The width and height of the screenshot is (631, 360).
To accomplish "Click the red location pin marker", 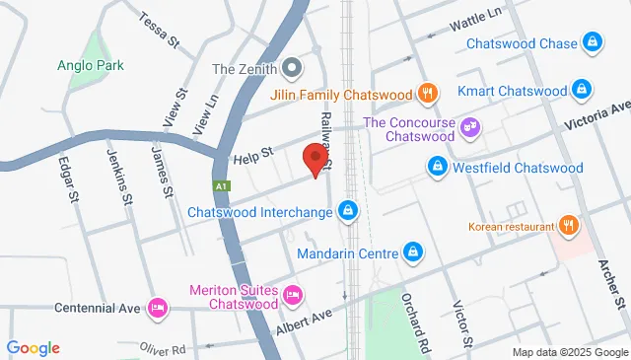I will pyautogui.click(x=315, y=159).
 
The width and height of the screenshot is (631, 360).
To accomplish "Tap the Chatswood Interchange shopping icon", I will pyautogui.click(x=348, y=211).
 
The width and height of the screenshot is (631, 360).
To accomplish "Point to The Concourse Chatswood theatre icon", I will pyautogui.click(x=470, y=125).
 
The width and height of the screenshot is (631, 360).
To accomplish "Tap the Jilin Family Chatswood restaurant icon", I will pyautogui.click(x=427, y=95).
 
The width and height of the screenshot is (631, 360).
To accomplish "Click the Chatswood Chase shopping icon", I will pyautogui.click(x=593, y=42).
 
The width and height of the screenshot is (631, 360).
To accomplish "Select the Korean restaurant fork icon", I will pyautogui.click(x=568, y=226).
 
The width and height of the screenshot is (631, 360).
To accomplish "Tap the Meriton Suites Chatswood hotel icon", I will pyautogui.click(x=293, y=296).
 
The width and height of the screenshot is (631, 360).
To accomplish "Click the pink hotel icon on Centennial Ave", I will pyautogui.click(x=156, y=308).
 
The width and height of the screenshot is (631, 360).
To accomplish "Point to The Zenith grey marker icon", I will pyautogui.click(x=292, y=69).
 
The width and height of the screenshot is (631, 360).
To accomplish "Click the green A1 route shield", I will pyautogui.click(x=222, y=184).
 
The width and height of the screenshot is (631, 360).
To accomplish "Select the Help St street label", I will pyautogui.click(x=251, y=160).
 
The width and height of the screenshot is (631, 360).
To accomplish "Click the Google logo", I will pyautogui.click(x=33, y=347).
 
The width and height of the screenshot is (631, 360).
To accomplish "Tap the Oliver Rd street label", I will pyautogui.click(x=163, y=349).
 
